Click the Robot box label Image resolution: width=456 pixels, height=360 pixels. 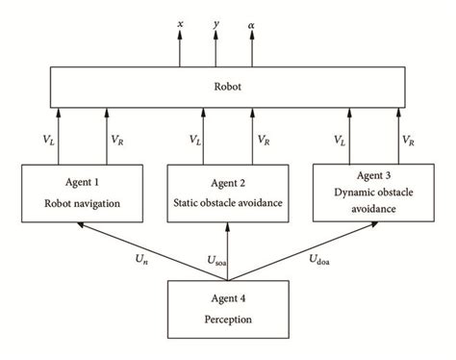(228, 85)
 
